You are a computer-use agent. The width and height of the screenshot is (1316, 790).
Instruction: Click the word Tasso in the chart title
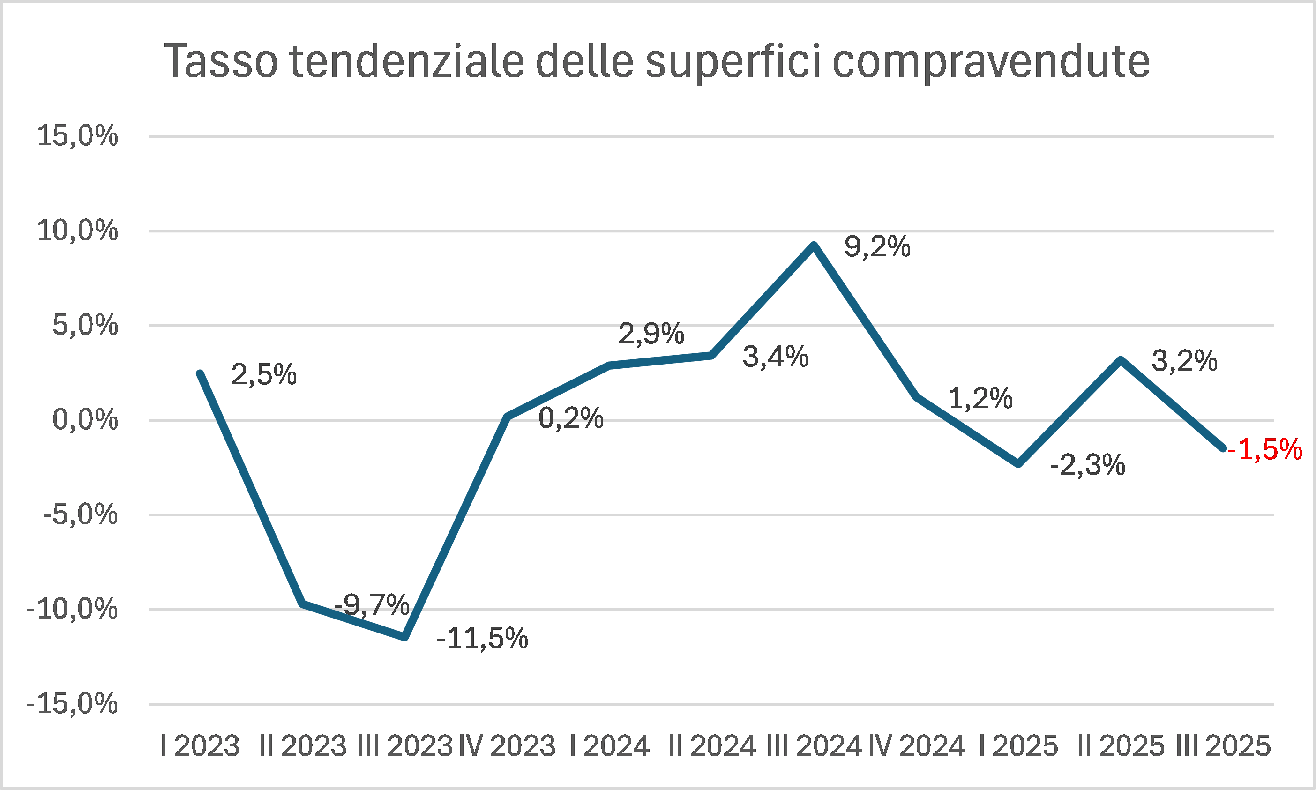(x=221, y=61)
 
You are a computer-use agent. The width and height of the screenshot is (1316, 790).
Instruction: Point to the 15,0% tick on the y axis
(x=78, y=136)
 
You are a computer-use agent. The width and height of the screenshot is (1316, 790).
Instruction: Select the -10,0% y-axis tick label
(x=72, y=609)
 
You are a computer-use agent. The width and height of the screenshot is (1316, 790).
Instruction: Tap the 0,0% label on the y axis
(x=85, y=420)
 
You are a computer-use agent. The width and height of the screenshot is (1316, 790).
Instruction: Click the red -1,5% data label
(x=1266, y=449)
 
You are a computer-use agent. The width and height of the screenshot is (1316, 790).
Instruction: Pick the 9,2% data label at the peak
(x=877, y=247)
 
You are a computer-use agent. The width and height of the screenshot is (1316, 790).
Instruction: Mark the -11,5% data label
(x=482, y=638)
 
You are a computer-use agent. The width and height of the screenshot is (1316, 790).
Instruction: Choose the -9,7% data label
(x=372, y=605)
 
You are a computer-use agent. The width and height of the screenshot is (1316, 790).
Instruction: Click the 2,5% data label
(x=263, y=374)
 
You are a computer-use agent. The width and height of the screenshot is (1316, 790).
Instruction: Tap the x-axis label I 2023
(x=200, y=746)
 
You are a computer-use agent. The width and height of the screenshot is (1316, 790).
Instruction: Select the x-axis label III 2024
(x=814, y=746)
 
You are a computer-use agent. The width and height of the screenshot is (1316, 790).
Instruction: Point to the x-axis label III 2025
(x=1223, y=746)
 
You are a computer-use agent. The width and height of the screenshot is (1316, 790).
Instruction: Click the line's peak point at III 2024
(x=814, y=246)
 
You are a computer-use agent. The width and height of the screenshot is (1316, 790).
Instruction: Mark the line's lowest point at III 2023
(x=405, y=637)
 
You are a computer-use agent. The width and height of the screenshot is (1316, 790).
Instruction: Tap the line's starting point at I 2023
(x=200, y=373)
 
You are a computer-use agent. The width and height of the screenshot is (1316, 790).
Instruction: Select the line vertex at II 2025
(x=1121, y=360)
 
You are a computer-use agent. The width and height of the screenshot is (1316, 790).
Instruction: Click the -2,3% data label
(x=1088, y=465)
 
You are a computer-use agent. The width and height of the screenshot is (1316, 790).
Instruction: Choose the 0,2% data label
(x=571, y=418)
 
